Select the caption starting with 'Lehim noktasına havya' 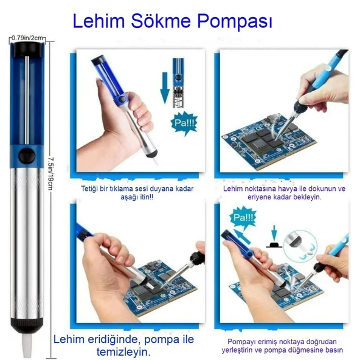click(283, 193)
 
